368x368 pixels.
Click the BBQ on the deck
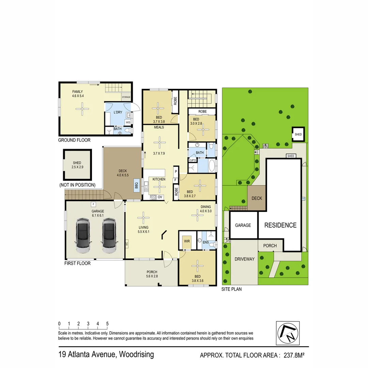coord(137,186)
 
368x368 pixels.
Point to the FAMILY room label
coord(78,92)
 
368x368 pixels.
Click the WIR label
coord(187,241)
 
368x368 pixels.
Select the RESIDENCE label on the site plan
coord(280,225)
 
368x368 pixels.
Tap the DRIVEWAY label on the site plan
coord(244,259)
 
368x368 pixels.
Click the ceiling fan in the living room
coord(143,217)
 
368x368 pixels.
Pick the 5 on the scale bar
coord(107,324)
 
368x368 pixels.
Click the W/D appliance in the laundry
coord(128,122)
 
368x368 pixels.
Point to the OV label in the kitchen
coord(160,197)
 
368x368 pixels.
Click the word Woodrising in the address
coord(136,354)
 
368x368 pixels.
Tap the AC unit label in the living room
coord(126,244)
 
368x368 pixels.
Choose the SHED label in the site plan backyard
coord(298,135)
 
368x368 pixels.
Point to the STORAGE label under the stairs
coord(126,97)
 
